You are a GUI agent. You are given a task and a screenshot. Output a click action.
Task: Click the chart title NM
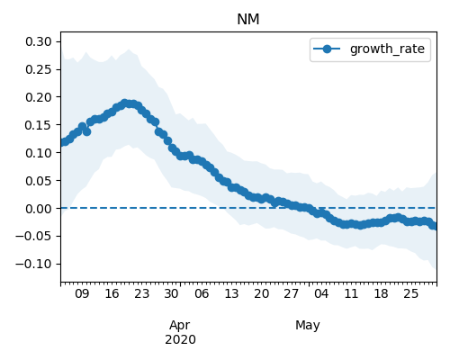pyautogui.click(x=248, y=20)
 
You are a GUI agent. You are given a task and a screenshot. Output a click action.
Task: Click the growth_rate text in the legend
pyautogui.click(x=387, y=49)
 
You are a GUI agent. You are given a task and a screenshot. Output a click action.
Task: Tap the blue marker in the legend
pyautogui.click(x=327, y=49)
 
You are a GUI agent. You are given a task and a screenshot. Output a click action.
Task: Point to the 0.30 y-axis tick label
pyautogui.click(x=39, y=41)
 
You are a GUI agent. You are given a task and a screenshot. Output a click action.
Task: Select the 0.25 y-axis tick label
pyautogui.click(x=39, y=69)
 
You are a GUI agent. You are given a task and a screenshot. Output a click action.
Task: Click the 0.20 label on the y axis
pyautogui.click(x=39, y=97)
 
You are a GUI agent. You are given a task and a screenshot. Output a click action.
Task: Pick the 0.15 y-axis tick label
pyautogui.click(x=39, y=125)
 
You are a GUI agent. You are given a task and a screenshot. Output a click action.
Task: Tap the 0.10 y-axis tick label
pyautogui.click(x=39, y=153)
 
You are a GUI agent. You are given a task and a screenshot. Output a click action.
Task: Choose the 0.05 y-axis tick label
pyautogui.click(x=39, y=181)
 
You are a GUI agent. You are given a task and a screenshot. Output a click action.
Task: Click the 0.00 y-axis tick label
pyautogui.click(x=39, y=209)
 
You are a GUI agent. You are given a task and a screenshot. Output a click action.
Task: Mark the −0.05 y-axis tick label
pyautogui.click(x=33, y=237)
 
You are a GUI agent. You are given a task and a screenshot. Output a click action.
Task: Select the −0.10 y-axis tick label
pyautogui.click(x=33, y=265)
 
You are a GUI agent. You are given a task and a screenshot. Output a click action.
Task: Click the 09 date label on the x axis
pyautogui.click(x=82, y=293)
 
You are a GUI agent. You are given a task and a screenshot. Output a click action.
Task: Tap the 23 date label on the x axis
pyautogui.click(x=141, y=293)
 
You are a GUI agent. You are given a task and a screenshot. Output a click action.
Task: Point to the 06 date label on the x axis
pyautogui.click(x=202, y=293)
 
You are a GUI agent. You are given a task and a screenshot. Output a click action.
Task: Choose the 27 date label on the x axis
pyautogui.click(x=292, y=293)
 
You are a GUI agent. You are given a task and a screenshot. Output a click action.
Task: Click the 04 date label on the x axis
pyautogui.click(x=321, y=293)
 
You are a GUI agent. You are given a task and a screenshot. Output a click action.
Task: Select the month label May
pyautogui.click(x=308, y=326)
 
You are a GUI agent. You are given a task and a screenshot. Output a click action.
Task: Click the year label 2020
pyautogui.click(x=180, y=339)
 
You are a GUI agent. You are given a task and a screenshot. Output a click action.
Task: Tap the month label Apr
pyautogui.click(x=180, y=326)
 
